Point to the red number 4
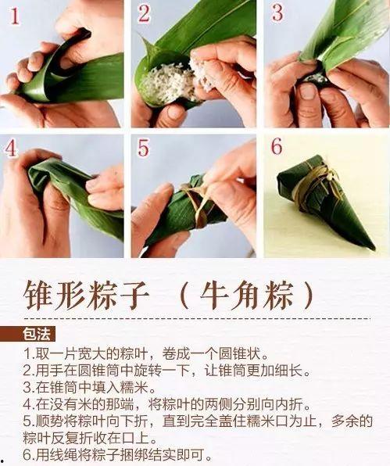coord(11,149)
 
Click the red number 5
coord(143,149)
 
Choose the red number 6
coord(276,149)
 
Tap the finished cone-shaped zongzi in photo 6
coord(324,199)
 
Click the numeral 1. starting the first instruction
coord(29,353)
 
